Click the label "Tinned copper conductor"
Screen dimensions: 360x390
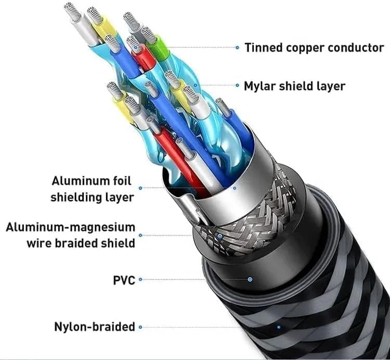click(314, 48)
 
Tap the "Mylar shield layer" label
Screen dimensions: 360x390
click(294, 86)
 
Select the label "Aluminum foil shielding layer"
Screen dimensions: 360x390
click(92, 189)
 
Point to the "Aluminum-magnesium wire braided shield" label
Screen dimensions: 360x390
click(71, 235)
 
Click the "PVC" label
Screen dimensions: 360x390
click(124, 280)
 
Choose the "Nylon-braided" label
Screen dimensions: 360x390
click(95, 327)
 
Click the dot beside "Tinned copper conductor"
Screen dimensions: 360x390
click(238, 48)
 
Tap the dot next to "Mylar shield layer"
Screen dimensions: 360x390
click(237, 86)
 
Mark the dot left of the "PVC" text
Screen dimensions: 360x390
click(140, 280)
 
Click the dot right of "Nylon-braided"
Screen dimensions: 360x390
click(140, 327)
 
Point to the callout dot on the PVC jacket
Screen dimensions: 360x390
click(251, 279)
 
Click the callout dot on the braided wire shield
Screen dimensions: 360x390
click(220, 235)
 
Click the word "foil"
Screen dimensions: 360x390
click(121, 181)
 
